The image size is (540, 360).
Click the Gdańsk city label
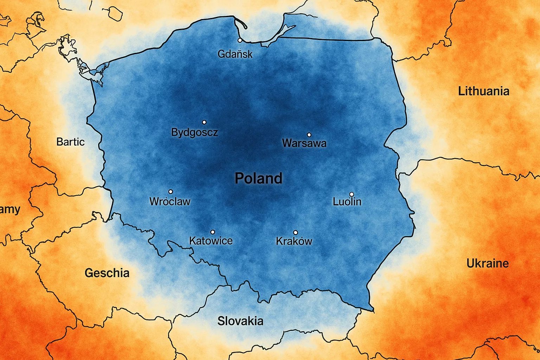pos(235,54)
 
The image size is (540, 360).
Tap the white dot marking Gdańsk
pos(240,40)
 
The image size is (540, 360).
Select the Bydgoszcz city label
pos(194,133)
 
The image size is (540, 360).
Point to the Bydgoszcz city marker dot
pos(204,122)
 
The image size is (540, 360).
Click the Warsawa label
pos(304,143)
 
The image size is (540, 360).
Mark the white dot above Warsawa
pos(309,135)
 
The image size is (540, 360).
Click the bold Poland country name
pos(258,178)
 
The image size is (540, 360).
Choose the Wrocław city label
pos(170,201)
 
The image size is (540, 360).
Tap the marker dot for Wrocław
pos(171,192)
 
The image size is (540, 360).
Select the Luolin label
pos(347,201)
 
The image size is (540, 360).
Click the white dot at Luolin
pos(351,194)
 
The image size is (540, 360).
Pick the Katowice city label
pos(211,241)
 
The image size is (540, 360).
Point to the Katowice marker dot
pos(212,232)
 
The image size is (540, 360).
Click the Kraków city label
pos(294,241)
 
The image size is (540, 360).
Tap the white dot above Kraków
pos(295,232)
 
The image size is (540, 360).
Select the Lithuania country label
pos(484,91)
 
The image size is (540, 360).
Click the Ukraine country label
pos(488,263)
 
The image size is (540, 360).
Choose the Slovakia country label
pos(240,321)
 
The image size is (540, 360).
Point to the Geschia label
pos(107,273)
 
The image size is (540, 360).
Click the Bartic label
pos(70,142)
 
